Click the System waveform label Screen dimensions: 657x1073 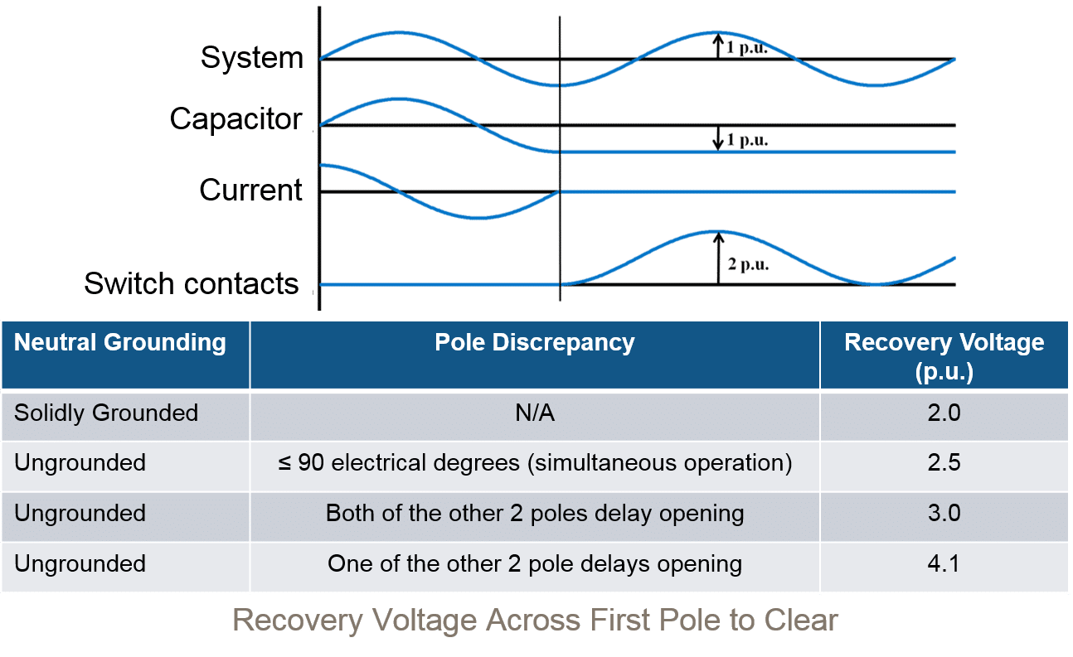(252, 59)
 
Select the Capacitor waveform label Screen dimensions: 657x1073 (236, 119)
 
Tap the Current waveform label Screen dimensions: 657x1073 (250, 191)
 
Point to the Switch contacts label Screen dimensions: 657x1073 (191, 284)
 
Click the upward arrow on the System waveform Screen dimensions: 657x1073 (718, 46)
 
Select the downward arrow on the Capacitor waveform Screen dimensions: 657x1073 (718, 138)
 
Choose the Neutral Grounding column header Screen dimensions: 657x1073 (120, 343)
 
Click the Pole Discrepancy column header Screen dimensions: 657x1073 (535, 343)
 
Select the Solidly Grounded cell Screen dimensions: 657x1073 (106, 413)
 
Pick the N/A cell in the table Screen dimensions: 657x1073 (535, 413)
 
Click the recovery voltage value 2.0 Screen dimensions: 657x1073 (944, 413)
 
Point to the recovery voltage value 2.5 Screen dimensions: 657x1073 (944, 462)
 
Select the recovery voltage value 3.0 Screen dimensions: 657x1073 (944, 513)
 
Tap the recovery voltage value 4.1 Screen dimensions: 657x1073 (944, 563)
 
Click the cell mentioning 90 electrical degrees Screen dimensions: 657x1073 (535, 462)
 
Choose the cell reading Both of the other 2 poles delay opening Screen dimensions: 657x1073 (535, 513)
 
